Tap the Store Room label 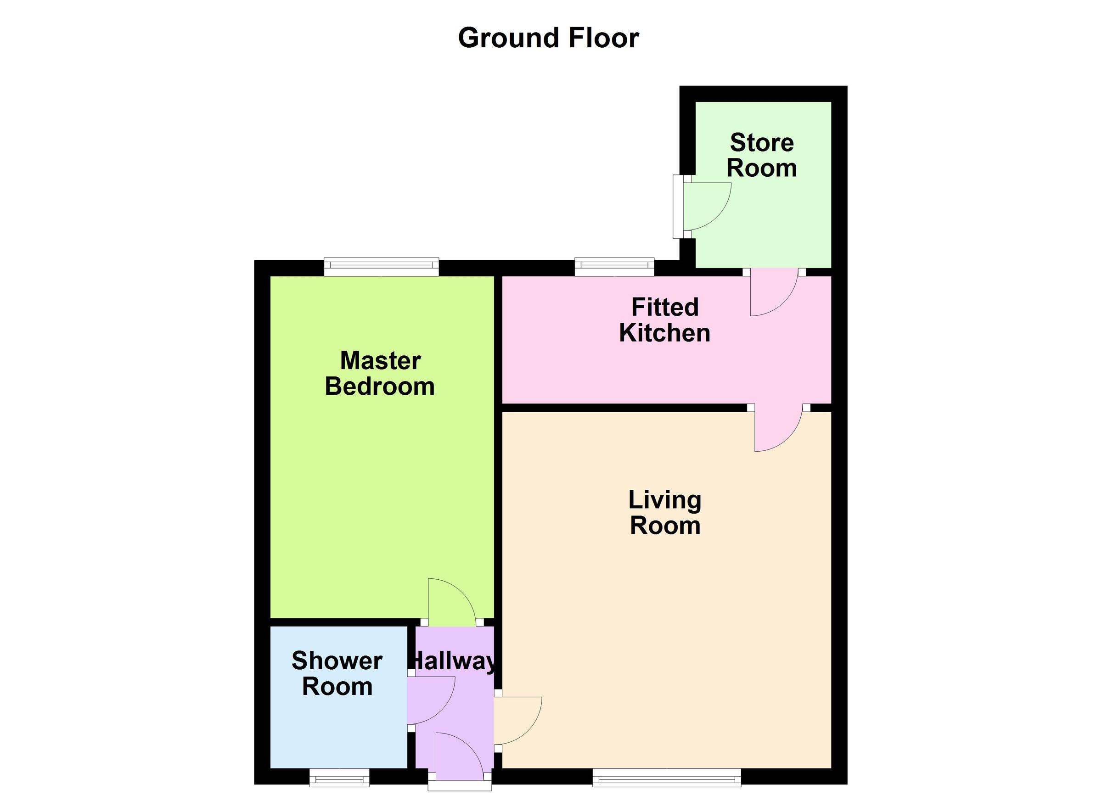click(x=761, y=155)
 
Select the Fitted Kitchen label click(x=664, y=320)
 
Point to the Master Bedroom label click(x=380, y=374)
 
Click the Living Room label click(x=665, y=512)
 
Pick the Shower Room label click(x=337, y=673)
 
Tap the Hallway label click(x=454, y=661)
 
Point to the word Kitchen click(x=664, y=333)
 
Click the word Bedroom click(x=380, y=386)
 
